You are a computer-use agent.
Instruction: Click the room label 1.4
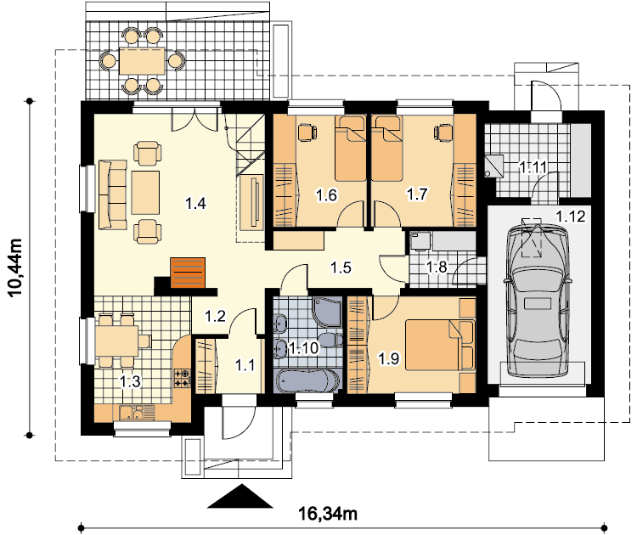pos(195,203)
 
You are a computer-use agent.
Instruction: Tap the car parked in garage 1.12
pos(536,301)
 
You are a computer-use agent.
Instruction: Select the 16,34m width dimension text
pos(328,514)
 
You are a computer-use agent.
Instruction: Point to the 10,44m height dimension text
pos(16,268)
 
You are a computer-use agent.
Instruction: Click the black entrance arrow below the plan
pos(240,496)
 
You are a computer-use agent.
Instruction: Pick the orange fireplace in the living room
pos(188,273)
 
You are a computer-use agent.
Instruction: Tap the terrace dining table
pos(142,61)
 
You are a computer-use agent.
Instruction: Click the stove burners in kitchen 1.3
pos(182,378)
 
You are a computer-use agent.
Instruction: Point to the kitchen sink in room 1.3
pos(137,413)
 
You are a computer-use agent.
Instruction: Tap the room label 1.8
pos(437,267)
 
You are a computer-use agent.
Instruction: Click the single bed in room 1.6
pos(350,149)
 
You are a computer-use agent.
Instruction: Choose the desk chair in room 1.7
pos(443,133)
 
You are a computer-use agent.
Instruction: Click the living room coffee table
pos(145,193)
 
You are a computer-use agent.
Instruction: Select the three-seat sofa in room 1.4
pos(112,194)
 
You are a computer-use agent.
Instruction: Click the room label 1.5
pos(341,267)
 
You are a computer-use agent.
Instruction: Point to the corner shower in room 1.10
pos(328,312)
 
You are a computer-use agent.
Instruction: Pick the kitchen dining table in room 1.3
pos(117,341)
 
